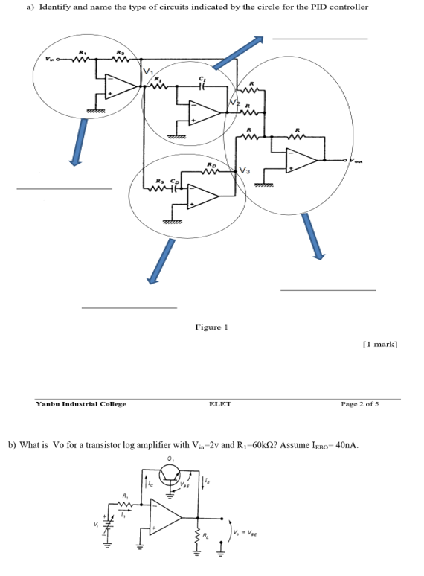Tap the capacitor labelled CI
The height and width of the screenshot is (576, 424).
201,86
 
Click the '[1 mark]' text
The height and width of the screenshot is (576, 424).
380,344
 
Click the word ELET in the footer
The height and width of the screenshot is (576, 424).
220,404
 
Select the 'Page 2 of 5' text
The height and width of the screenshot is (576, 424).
360,404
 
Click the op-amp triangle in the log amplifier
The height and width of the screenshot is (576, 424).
166,516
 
